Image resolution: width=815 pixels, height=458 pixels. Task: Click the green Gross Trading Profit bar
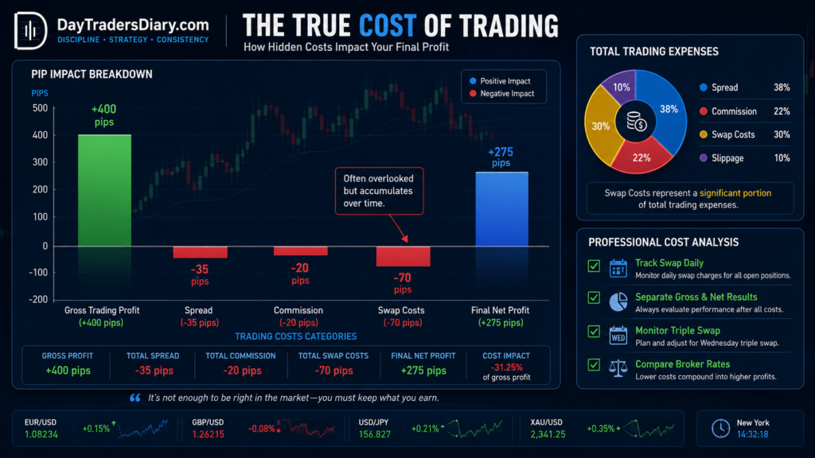click(104, 190)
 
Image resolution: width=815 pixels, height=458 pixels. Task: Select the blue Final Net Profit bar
click(501, 209)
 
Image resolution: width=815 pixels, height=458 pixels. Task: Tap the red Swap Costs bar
click(403, 257)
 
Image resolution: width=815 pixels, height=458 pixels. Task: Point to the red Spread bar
click(200, 252)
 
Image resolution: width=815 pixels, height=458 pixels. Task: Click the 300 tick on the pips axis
click(40, 162)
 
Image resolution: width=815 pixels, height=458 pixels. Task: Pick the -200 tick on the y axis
click(38, 300)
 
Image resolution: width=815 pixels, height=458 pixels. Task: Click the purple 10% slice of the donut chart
click(620, 86)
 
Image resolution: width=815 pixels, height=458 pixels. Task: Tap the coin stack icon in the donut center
click(636, 122)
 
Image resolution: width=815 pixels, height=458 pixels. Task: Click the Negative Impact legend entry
click(501, 94)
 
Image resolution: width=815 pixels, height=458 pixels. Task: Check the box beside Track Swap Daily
click(594, 266)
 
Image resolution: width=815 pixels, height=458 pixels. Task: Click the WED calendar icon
click(618, 336)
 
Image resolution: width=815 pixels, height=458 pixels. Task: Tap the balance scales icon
click(618, 369)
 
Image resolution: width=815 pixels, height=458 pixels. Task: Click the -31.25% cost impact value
click(506, 367)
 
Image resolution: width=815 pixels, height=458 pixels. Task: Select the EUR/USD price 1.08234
click(41, 434)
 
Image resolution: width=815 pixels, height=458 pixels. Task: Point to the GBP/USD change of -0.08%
click(261, 429)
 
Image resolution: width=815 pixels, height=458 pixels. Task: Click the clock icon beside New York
click(720, 429)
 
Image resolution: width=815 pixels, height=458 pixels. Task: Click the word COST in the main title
click(388, 26)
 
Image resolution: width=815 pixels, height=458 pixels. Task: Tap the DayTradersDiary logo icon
click(31, 31)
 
